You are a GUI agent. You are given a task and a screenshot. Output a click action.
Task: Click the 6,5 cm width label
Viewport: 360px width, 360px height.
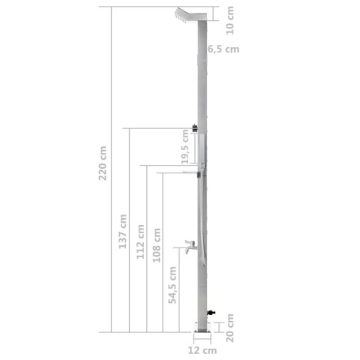click(223, 49)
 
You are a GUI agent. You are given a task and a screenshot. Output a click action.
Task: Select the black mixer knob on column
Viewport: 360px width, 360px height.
click(196, 128)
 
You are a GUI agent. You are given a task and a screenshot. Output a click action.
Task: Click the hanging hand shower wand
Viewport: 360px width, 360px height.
click(201, 217)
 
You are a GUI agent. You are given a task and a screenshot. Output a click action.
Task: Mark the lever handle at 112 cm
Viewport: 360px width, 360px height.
click(190, 163)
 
